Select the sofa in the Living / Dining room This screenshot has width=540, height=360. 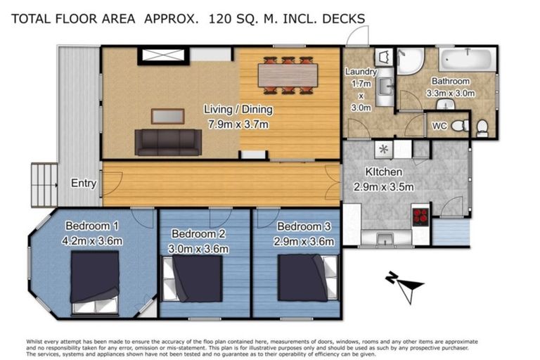coord(168,141)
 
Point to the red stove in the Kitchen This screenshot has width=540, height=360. coord(420,215)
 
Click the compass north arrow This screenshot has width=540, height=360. coord(404,284)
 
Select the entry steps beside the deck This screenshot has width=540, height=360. coord(44,184)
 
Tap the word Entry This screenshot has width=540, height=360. coord(84,184)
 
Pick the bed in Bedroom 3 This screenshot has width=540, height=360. coord(303,277)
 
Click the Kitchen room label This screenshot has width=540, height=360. coord(383,172)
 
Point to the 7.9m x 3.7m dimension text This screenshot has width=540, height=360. coord(238,124)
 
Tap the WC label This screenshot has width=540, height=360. coord(439,126)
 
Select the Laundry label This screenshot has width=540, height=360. coord(361,72)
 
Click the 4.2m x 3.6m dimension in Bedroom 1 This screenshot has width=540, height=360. coord(94,241)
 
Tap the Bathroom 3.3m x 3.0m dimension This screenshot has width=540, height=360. coord(450,92)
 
